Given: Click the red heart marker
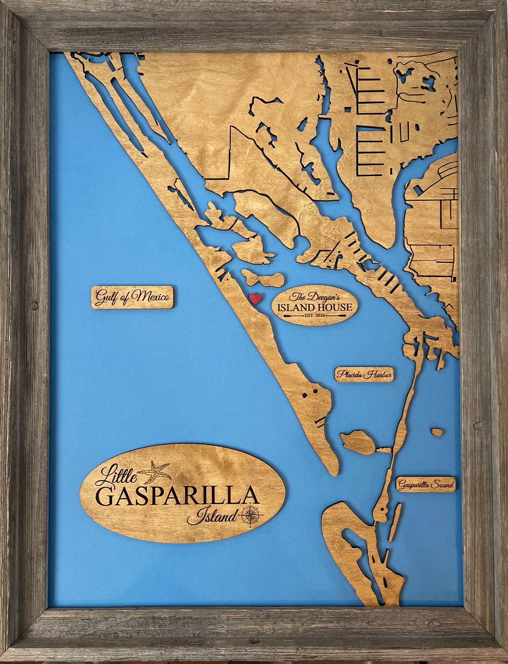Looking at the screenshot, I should pyautogui.click(x=256, y=299).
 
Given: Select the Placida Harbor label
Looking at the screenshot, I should pyautogui.click(x=364, y=374).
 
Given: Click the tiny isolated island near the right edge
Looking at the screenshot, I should pyautogui.click(x=437, y=432).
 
